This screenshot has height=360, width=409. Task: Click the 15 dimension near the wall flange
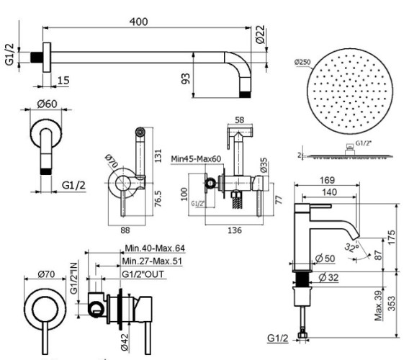coord(63,79)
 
